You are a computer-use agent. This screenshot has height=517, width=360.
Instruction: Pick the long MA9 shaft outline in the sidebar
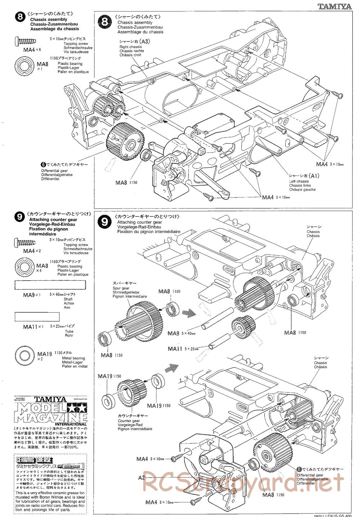(x=50, y=285)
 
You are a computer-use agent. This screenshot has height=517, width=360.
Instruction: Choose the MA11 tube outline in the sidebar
(x=37, y=317)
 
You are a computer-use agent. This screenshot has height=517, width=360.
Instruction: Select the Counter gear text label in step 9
(x=132, y=421)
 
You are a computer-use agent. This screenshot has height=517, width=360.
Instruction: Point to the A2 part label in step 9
(x=141, y=477)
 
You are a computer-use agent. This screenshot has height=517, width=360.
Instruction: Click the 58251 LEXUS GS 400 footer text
(x=331, y=514)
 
